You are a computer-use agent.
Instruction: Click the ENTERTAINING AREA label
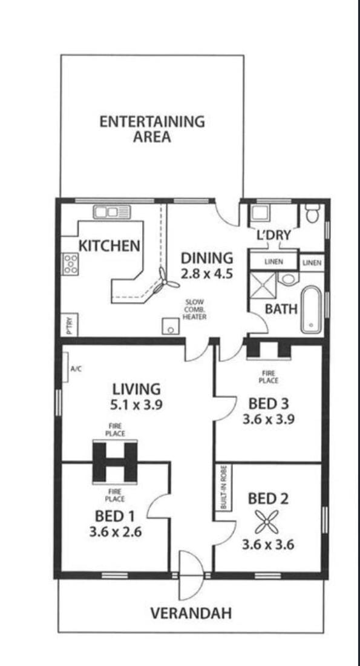point(152,129)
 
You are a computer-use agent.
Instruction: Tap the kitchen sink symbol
point(112,211)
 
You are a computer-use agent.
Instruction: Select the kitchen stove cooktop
point(70,264)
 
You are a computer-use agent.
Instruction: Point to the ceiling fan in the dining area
point(165,282)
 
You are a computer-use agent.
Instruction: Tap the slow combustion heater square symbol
point(171,326)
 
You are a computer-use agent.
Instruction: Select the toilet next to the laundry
point(313,213)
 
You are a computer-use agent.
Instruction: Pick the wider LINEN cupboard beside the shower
point(274,262)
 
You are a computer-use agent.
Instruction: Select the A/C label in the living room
point(76,369)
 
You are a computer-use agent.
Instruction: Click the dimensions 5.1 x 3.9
point(136,405)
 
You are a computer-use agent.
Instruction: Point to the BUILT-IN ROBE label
point(223,487)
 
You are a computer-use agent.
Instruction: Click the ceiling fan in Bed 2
point(267,522)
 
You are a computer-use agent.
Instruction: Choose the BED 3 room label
point(268,403)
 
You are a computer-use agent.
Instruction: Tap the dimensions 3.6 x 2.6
point(116,532)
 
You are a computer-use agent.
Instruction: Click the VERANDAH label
point(191,613)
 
